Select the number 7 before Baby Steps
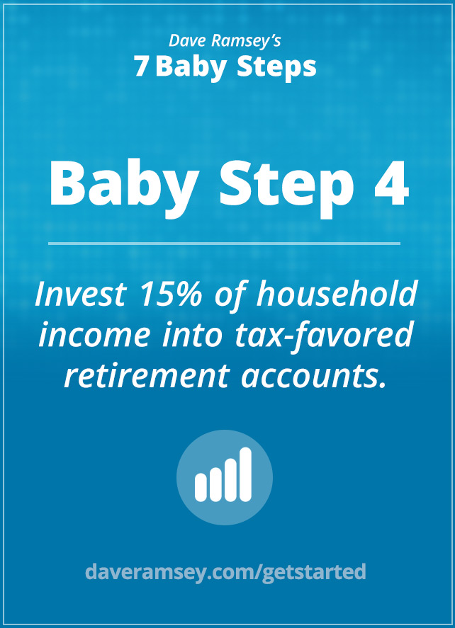pyautogui.click(x=141, y=67)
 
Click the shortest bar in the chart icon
pyautogui.click(x=200, y=487)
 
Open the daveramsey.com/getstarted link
pyautogui.click(x=225, y=571)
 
